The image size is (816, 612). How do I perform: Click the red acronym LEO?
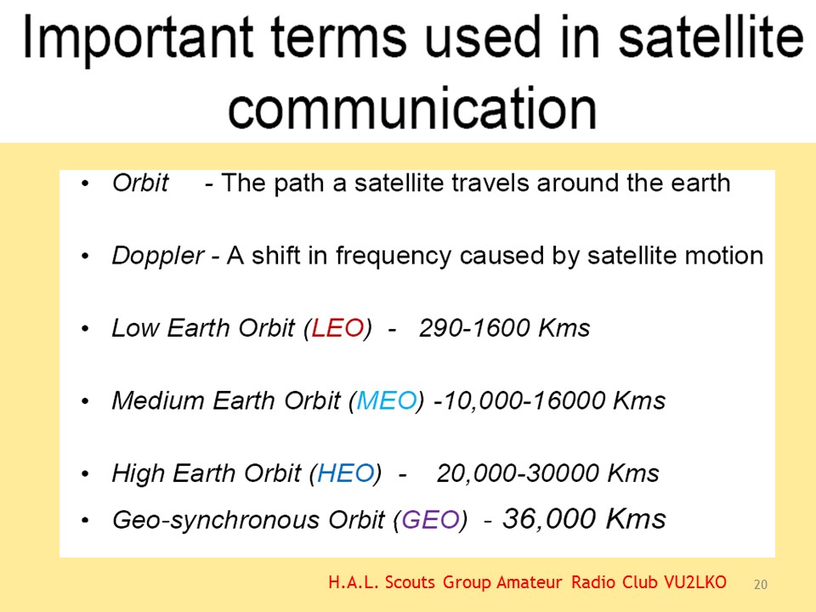click(337, 328)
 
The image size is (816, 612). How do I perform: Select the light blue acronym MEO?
click(387, 400)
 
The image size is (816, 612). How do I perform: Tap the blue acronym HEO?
click(346, 473)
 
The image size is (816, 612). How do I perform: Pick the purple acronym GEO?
click(430, 519)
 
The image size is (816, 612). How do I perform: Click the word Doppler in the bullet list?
click(158, 256)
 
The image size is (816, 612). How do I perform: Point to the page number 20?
click(760, 585)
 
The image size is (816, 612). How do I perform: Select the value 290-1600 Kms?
click(504, 328)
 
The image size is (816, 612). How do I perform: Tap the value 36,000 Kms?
click(584, 518)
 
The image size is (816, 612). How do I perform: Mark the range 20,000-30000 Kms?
click(548, 473)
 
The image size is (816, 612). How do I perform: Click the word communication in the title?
click(412, 108)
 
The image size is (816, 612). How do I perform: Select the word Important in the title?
click(139, 37)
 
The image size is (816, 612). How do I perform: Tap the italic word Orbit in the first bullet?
click(140, 183)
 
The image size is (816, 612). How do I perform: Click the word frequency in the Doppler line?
click(393, 256)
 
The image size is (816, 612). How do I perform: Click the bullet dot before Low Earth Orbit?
click(85, 328)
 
